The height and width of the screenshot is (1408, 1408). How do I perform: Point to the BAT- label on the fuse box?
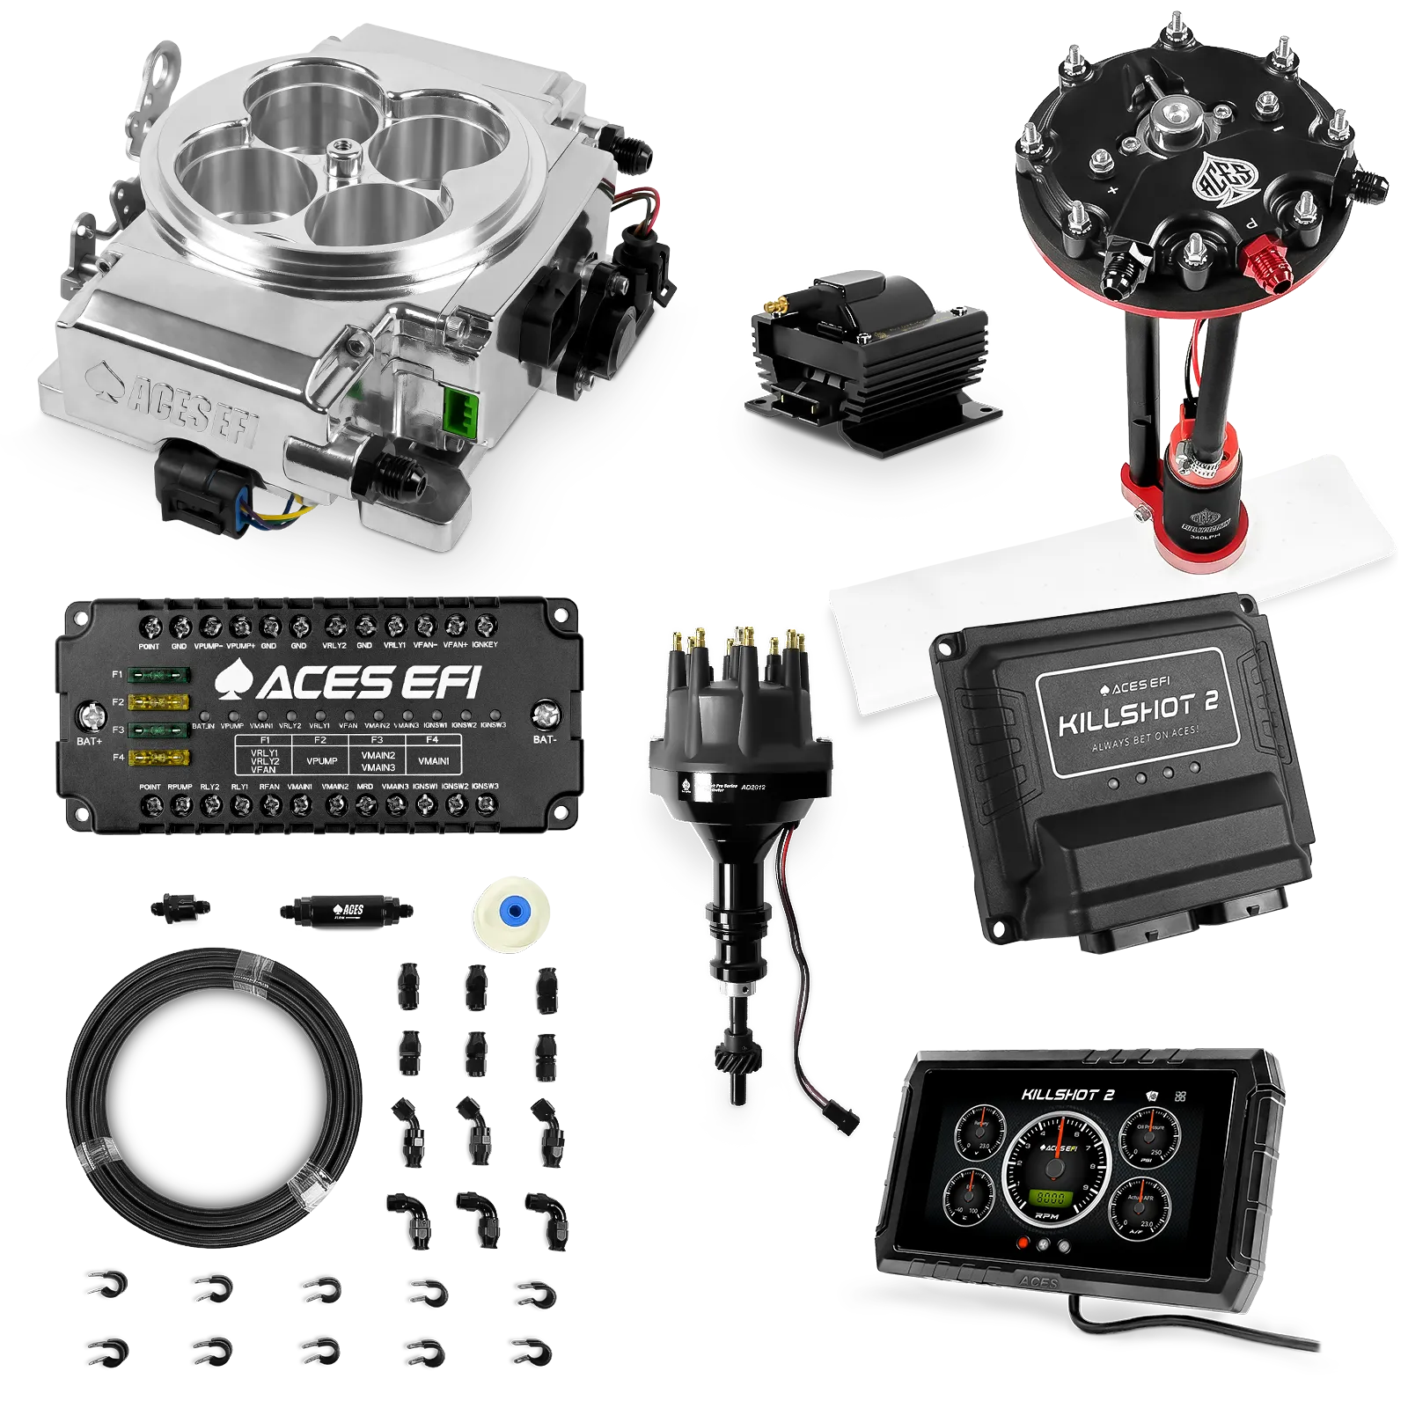tap(545, 739)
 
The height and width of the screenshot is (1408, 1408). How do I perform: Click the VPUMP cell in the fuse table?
tap(321, 760)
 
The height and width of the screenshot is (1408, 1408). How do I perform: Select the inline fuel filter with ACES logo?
tap(346, 910)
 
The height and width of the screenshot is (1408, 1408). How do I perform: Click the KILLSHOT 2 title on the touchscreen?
tap(1067, 1095)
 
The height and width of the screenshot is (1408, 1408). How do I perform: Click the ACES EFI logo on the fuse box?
tap(348, 682)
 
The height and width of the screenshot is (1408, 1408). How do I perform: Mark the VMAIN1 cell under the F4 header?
tap(433, 760)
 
